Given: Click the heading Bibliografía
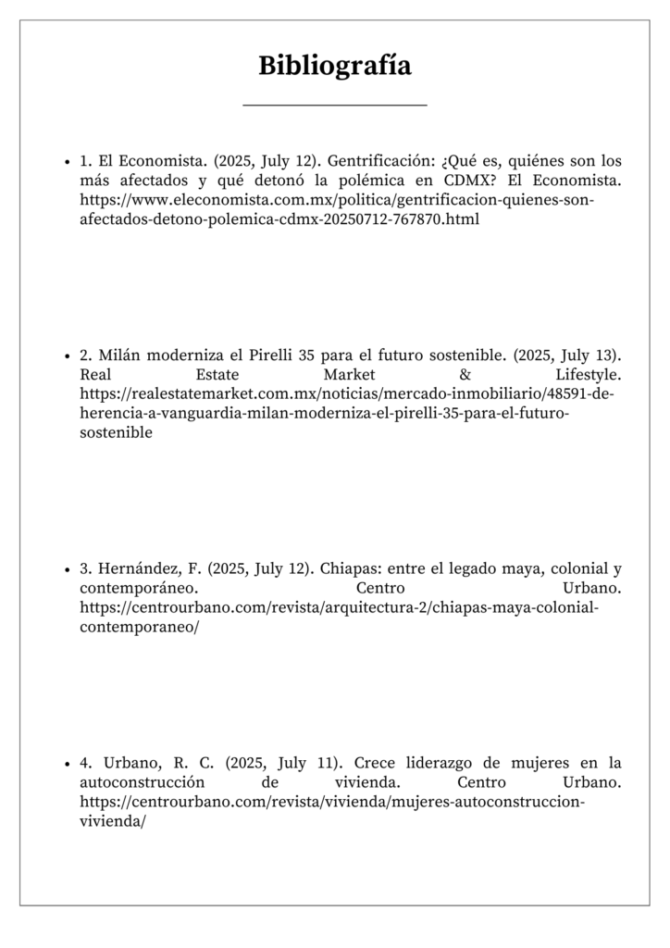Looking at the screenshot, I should [x=334, y=67].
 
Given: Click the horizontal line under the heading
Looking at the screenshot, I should [x=334, y=106].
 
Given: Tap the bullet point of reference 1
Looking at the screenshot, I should [x=68, y=161].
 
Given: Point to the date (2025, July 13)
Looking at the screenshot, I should [x=565, y=355].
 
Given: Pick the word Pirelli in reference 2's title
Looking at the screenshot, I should [x=271, y=355].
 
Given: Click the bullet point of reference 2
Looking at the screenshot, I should [x=68, y=355].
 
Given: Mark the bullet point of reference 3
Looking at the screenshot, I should [x=68, y=568].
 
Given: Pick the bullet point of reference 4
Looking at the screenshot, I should [x=68, y=764].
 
